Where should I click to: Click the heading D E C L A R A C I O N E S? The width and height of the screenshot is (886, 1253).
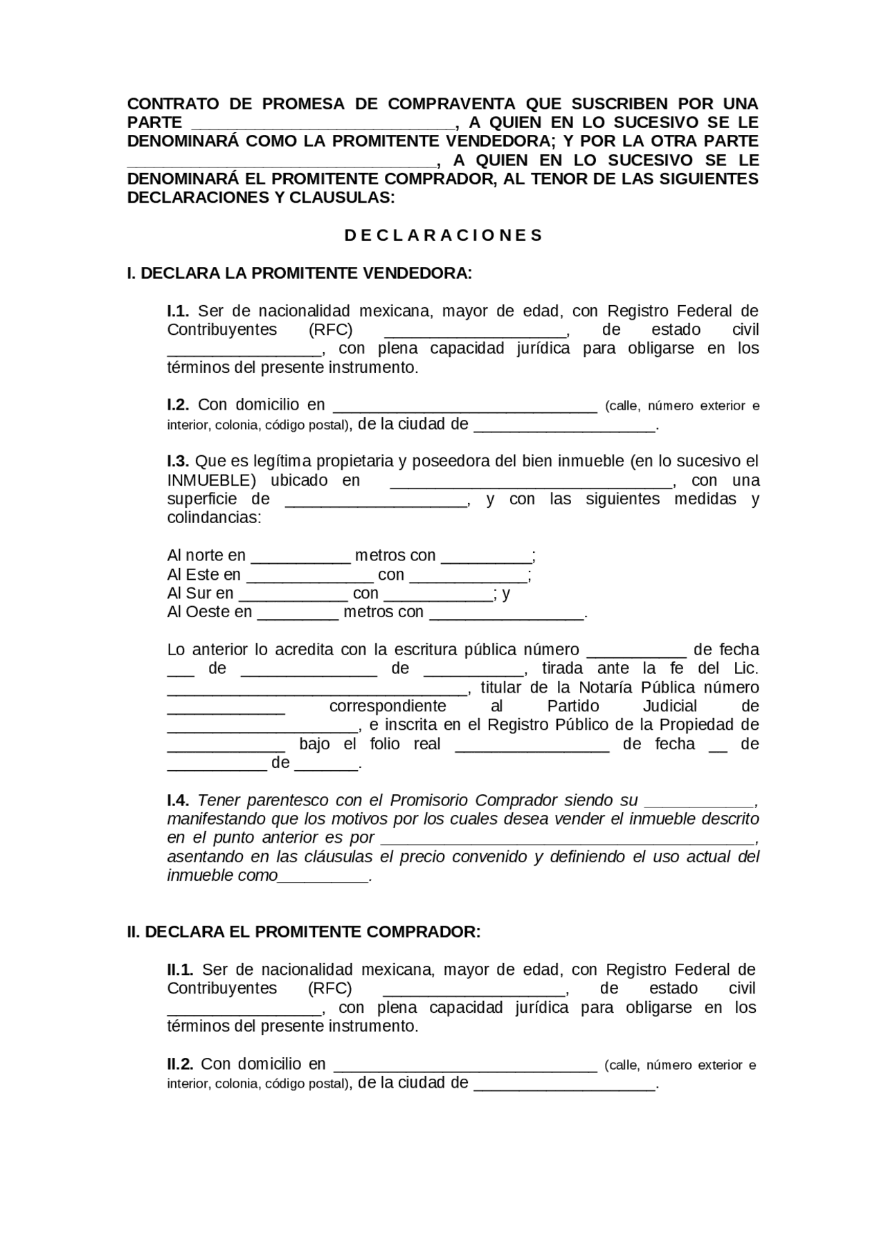tap(443, 235)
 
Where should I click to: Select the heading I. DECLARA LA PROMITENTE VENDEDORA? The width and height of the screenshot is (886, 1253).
tap(299, 273)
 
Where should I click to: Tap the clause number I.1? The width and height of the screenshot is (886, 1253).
tap(178, 311)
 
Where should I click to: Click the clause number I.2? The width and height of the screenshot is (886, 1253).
tap(178, 405)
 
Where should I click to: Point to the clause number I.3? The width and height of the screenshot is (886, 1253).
tap(178, 461)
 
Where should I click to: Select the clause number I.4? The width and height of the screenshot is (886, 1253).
tap(178, 801)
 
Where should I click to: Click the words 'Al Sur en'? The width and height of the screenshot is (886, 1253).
tap(200, 594)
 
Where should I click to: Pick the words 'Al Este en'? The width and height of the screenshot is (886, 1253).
tap(204, 575)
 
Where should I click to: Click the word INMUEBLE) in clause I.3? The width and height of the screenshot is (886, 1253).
tap(211, 481)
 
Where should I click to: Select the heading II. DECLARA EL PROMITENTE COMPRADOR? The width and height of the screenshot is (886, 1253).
tap(303, 932)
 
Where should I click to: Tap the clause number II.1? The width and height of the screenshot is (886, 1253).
tap(180, 970)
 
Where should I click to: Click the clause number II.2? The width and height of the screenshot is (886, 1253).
tap(180, 1064)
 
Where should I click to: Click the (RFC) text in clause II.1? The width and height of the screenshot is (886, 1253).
tap(329, 989)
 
